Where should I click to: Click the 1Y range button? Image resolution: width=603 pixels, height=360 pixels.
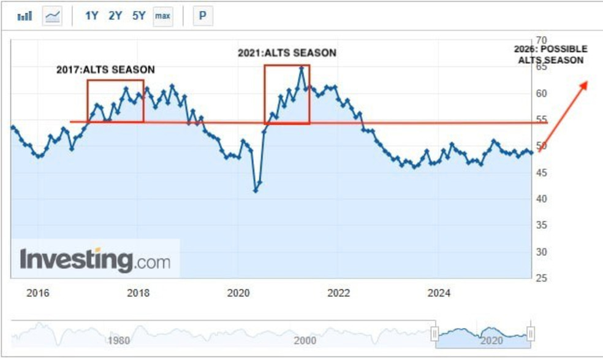(91, 16)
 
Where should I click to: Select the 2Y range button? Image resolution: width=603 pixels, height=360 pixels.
(115, 16)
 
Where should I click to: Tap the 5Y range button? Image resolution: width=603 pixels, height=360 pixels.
(139, 16)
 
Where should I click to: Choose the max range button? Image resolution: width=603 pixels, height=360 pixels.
(162, 16)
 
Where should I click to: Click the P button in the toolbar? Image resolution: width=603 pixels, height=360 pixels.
(202, 16)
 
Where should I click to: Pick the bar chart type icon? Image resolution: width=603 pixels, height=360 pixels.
(25, 16)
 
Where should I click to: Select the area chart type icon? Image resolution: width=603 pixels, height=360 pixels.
(53, 16)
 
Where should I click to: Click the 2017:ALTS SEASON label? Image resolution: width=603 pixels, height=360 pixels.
(105, 70)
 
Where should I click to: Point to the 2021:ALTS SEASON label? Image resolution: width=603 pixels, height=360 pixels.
(287, 53)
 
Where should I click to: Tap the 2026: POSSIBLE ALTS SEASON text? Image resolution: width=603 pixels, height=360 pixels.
(550, 55)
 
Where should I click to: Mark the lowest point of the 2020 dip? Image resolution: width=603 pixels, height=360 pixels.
(256, 191)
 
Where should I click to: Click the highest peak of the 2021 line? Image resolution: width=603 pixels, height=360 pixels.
(301, 68)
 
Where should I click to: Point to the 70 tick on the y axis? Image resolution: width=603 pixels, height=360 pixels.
(541, 40)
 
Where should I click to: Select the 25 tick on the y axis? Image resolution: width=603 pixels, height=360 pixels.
(541, 278)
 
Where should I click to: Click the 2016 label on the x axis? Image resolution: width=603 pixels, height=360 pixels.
(38, 293)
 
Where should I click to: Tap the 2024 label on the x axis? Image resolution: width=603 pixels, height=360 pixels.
(439, 293)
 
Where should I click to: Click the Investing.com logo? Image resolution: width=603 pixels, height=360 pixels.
(95, 260)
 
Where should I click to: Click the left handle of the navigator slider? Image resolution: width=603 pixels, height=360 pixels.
(434, 334)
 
